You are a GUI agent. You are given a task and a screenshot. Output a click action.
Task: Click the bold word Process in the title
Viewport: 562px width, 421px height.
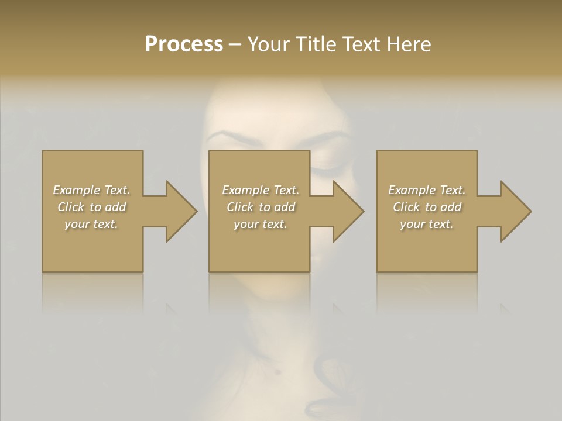pos(184,44)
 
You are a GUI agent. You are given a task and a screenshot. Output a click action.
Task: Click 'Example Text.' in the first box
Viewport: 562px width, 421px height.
pos(91,190)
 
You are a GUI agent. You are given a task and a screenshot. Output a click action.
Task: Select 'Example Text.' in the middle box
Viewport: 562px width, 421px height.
pos(261,190)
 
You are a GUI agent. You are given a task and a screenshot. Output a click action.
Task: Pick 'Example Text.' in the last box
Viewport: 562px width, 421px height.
pos(427,190)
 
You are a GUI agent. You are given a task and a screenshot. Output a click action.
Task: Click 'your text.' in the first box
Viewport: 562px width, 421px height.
pos(91,224)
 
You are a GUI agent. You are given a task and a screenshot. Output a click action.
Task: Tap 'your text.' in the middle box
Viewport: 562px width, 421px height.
pos(261,224)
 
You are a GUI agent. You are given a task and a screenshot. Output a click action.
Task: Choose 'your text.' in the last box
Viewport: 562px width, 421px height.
pos(427,224)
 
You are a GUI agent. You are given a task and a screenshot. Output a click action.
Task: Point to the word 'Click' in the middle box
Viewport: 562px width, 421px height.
pos(240,207)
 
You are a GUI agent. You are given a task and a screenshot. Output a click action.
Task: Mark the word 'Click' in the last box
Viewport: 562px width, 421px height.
pos(406,207)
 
